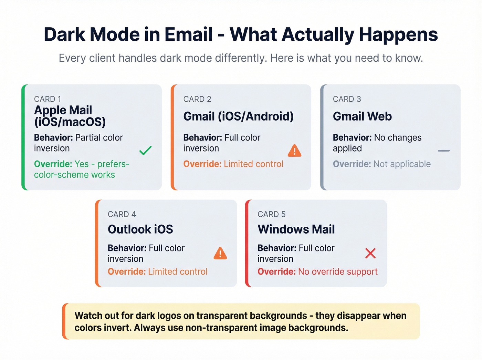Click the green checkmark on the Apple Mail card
click(x=145, y=151)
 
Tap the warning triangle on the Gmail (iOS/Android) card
click(x=294, y=151)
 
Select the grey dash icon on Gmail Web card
click(x=443, y=151)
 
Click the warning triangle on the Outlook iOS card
click(x=220, y=254)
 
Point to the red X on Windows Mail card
click(x=370, y=253)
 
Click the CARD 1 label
click(x=48, y=99)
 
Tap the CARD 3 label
click(x=347, y=99)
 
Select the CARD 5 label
click(x=271, y=214)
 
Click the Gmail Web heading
click(x=362, y=116)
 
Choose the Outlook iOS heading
click(x=140, y=229)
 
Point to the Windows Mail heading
click(x=296, y=229)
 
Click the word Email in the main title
click(x=188, y=34)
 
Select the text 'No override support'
click(x=338, y=272)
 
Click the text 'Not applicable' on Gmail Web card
click(x=402, y=164)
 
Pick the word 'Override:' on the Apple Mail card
click(x=53, y=164)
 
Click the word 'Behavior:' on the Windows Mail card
click(x=277, y=248)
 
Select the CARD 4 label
click(x=122, y=214)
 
